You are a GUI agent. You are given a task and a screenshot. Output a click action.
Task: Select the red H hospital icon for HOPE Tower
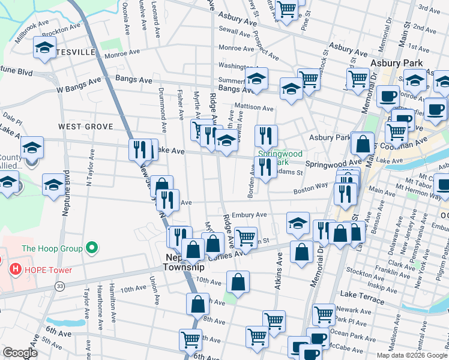[x=16, y=270]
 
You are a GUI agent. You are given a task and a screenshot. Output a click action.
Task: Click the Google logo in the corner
[x=20, y=353]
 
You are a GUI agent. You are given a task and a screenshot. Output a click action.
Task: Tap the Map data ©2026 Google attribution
[x=412, y=355]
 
